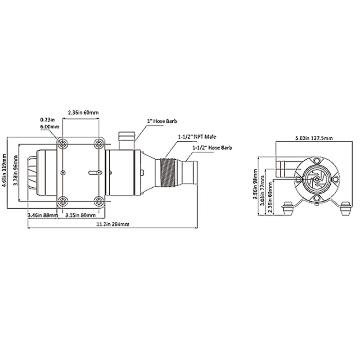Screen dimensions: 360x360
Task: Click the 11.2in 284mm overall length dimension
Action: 110,225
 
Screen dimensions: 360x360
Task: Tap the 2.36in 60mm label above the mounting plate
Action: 81,112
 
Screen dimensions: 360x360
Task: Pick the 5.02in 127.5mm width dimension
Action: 314,138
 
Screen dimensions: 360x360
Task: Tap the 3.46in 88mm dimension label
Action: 43,216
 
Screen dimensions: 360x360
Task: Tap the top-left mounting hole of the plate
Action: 63,144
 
